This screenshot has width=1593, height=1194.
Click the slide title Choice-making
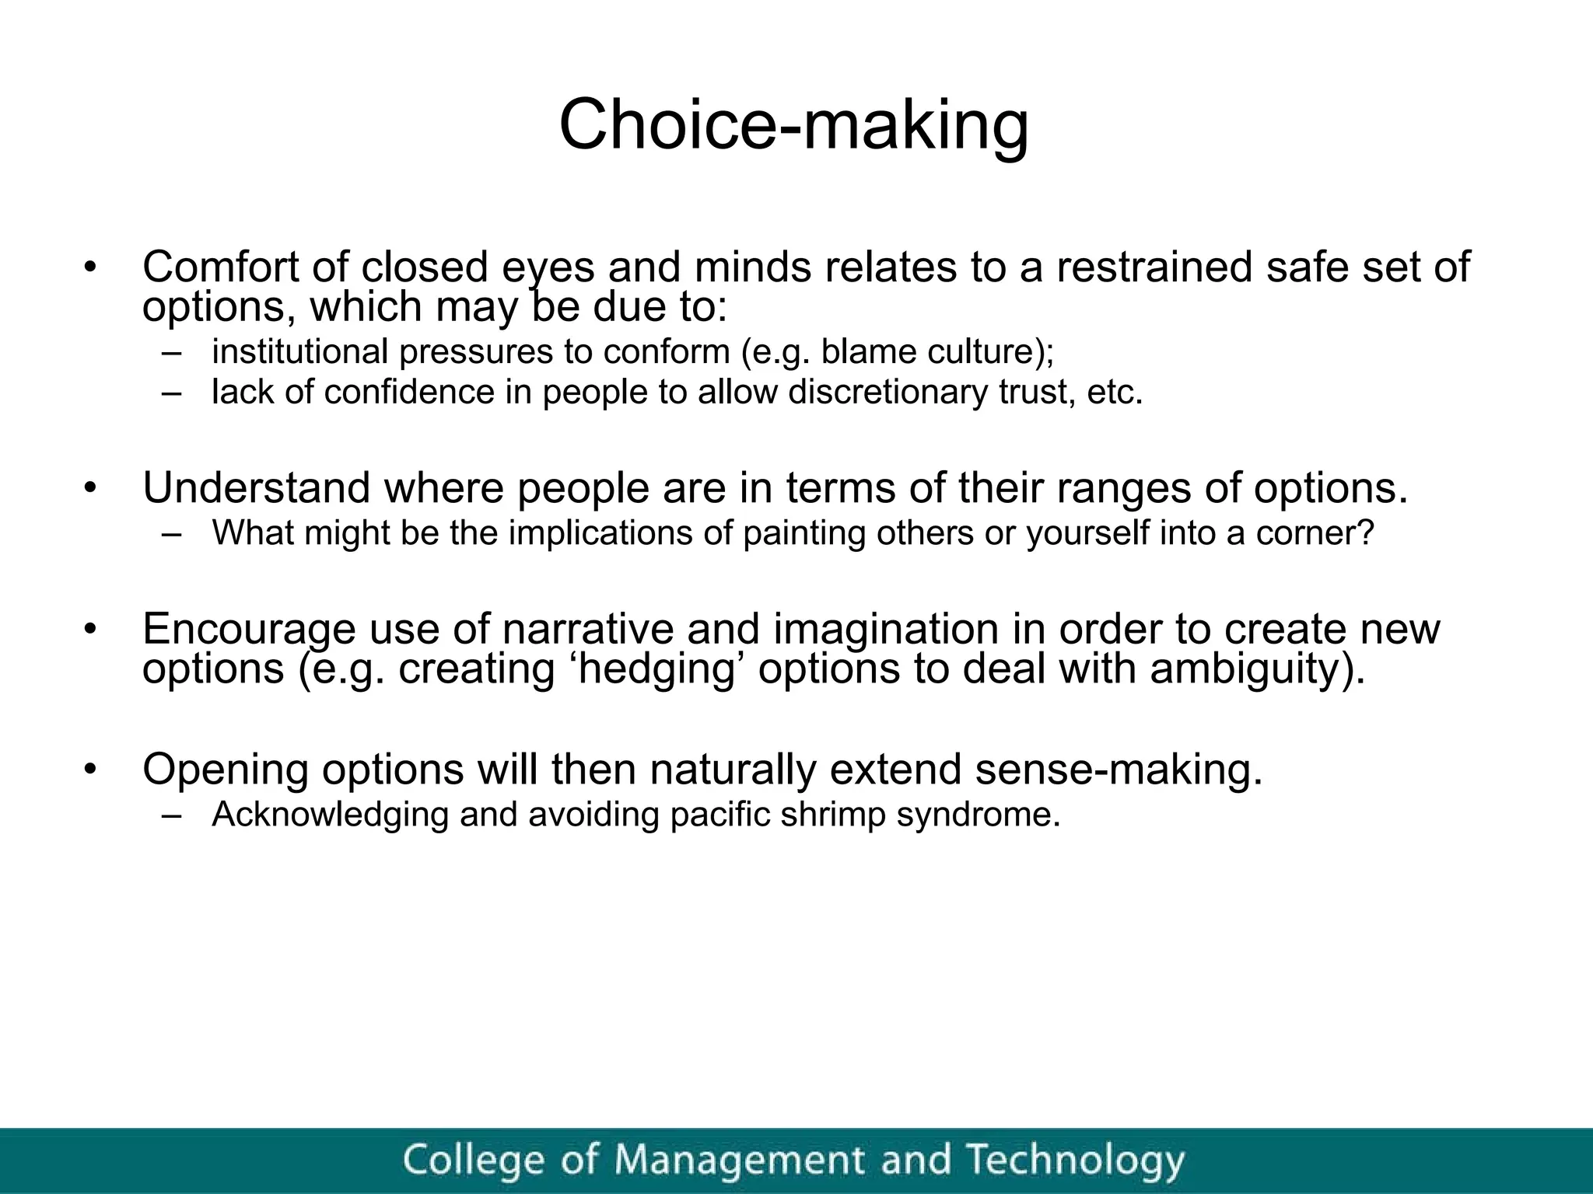pos(793,125)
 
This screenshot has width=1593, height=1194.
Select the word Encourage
pos(249,629)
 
